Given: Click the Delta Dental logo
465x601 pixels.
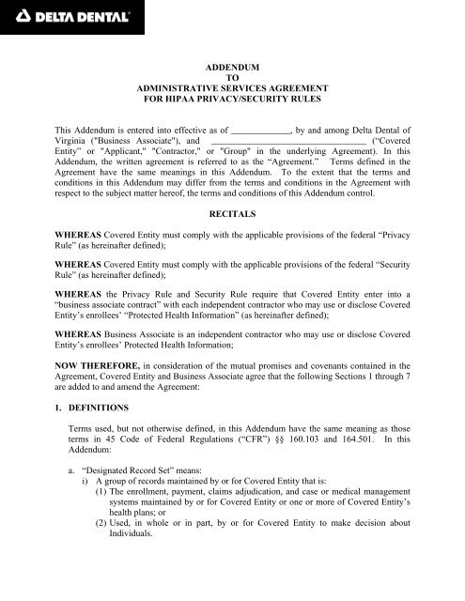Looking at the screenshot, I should click(x=70, y=15).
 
